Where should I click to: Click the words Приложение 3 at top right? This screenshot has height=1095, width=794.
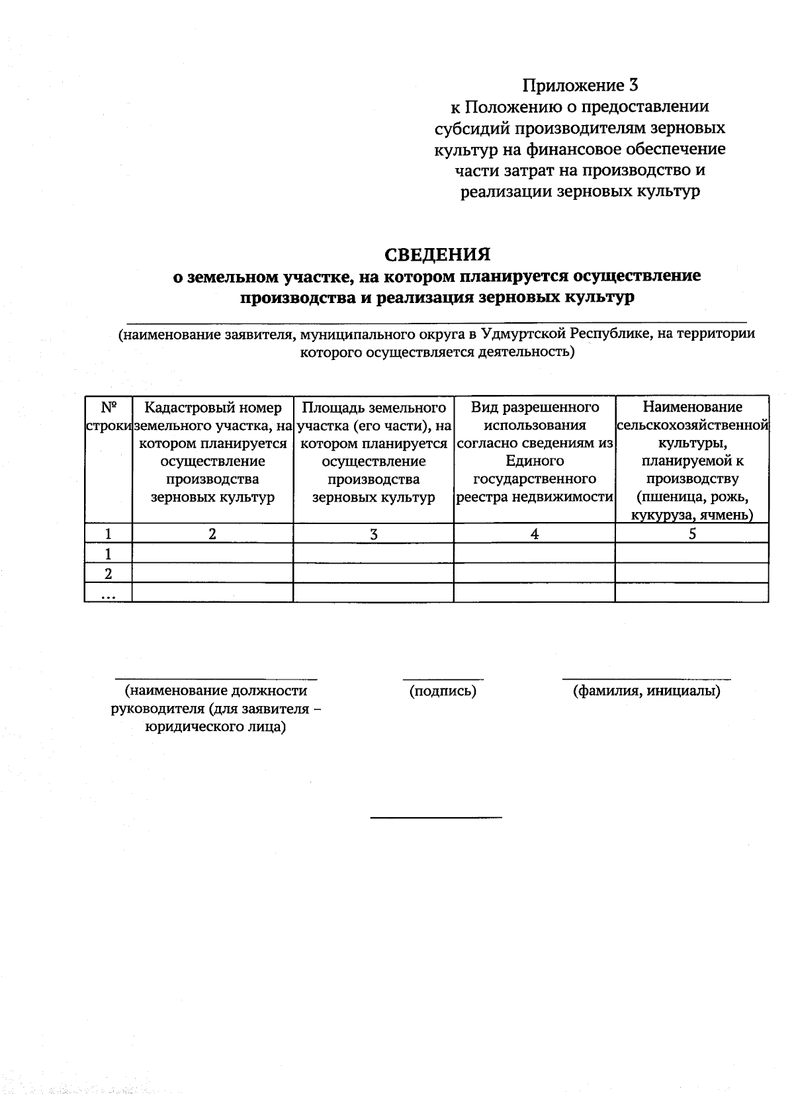tap(580, 85)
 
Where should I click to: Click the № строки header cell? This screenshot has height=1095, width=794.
tap(109, 416)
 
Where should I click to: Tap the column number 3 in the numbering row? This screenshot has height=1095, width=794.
tap(373, 534)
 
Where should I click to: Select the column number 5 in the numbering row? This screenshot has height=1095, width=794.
tap(692, 534)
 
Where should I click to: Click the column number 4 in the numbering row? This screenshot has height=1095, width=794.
tap(535, 534)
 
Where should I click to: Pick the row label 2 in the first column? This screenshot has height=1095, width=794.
tap(109, 573)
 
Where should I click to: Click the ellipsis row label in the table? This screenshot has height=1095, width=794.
tap(109, 593)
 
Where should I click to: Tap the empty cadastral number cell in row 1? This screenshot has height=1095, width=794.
tap(212, 553)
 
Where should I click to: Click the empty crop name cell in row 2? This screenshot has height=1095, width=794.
tap(692, 573)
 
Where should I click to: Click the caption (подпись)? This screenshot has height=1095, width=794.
tap(443, 691)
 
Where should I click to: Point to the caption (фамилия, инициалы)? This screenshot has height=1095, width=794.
tap(646, 691)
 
